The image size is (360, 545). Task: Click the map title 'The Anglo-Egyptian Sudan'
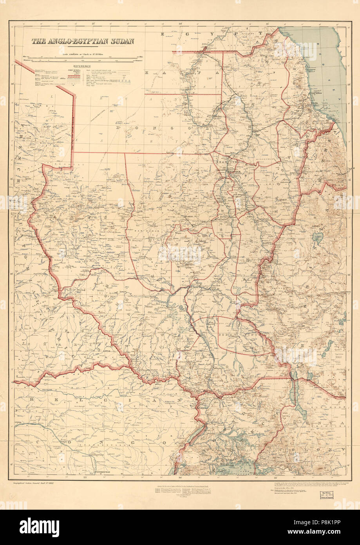point(83,41)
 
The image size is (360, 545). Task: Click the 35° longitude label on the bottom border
point(276,478)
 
